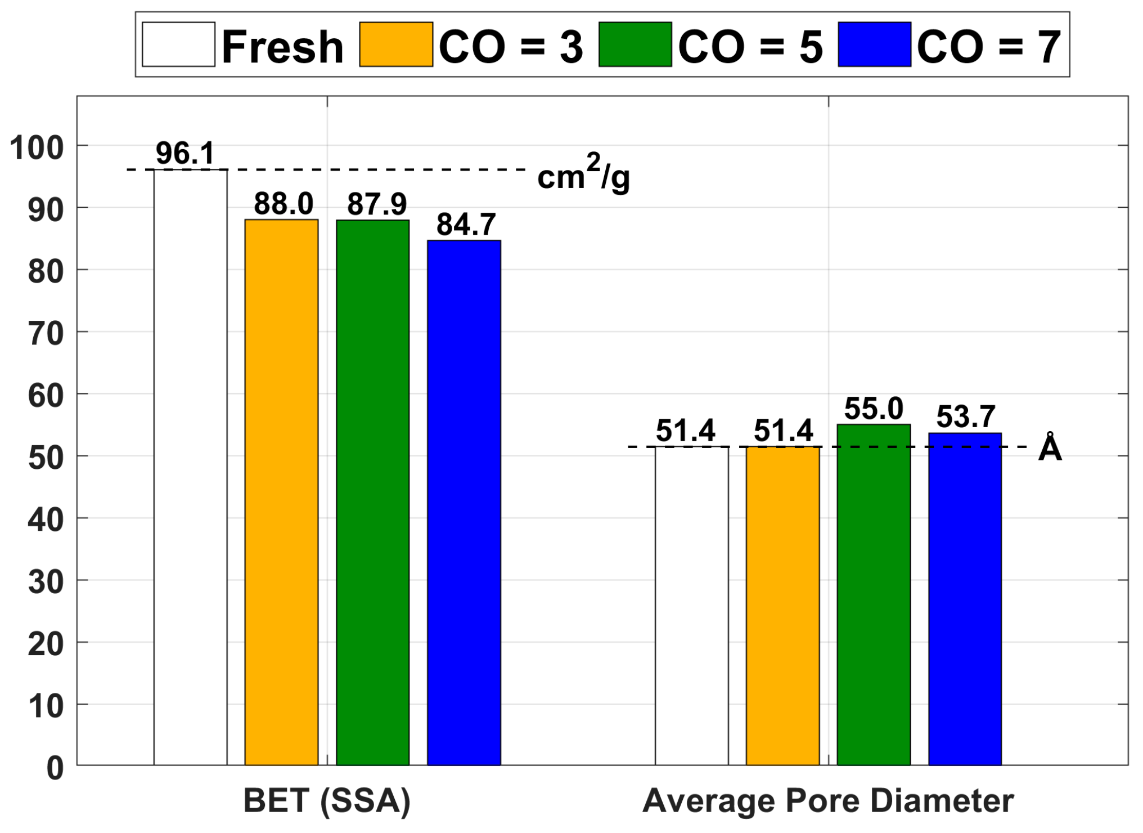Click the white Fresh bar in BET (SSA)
(190, 467)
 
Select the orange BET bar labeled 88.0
(281, 492)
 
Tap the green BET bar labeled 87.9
(372, 492)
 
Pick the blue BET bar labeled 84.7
(463, 503)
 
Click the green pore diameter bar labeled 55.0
(874, 595)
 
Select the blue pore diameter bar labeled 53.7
(965, 599)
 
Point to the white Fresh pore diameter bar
(691, 606)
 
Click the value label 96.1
(185, 153)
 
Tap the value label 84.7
(466, 225)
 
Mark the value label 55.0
(874, 409)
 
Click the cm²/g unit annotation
(583, 173)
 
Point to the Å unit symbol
(1050, 448)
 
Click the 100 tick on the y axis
(37, 148)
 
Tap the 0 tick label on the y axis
(55, 768)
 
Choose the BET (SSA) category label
(327, 801)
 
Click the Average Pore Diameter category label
(828, 801)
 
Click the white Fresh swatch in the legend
(178, 44)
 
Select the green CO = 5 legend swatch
(635, 44)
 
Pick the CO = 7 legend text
(989, 46)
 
